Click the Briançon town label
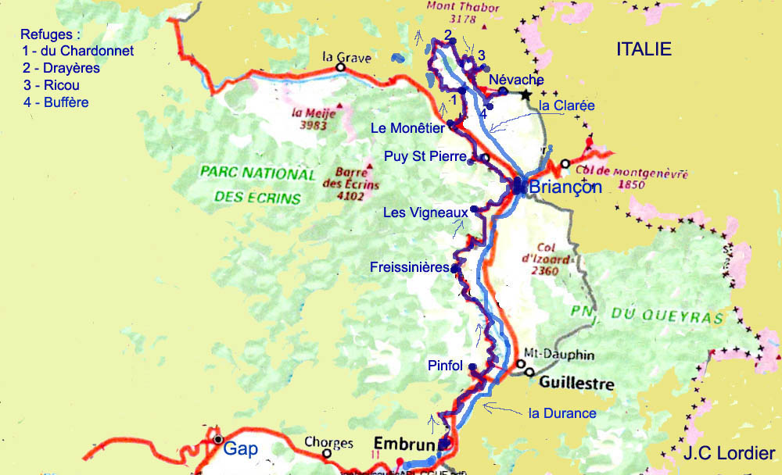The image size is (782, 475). tap(565, 187)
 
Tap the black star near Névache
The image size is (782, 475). tap(525, 92)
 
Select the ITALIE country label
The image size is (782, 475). tap(644, 49)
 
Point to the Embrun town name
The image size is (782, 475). tap(404, 443)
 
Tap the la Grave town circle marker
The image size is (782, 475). tap(340, 68)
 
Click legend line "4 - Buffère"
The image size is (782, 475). tap(56, 102)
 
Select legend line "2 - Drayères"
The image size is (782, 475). tap(61, 68)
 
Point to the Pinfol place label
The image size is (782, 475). tap(446, 366)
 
